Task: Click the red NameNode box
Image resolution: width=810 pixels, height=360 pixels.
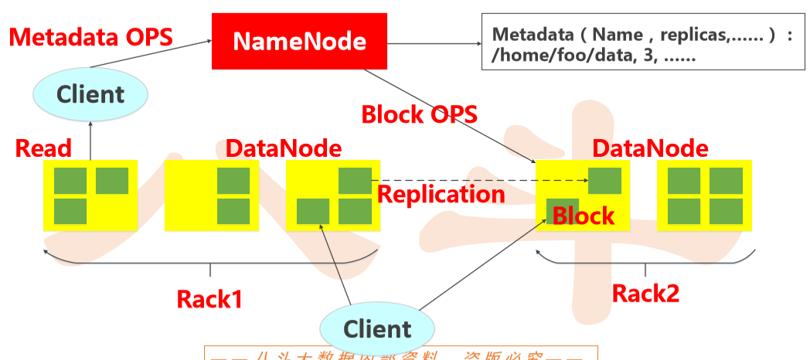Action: tap(299, 41)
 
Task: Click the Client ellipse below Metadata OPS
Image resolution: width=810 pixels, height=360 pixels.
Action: tap(90, 95)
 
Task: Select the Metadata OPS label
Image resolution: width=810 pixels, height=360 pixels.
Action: tap(90, 37)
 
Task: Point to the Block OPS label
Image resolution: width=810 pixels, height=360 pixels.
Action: tap(419, 114)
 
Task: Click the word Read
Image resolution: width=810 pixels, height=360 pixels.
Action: tap(43, 148)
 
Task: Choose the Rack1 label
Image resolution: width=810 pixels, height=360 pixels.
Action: tap(209, 298)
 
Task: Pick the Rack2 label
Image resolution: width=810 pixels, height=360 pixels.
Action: tap(645, 294)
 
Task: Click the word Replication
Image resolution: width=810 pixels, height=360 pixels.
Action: tap(441, 194)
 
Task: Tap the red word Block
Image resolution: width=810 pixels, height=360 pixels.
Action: tap(584, 216)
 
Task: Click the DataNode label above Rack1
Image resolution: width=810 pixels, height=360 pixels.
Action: tap(283, 148)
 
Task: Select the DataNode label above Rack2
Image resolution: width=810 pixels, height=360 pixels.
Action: tap(649, 148)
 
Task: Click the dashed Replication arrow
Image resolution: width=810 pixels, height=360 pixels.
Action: tap(479, 182)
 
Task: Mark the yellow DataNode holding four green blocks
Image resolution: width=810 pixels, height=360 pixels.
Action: tap(704, 195)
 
